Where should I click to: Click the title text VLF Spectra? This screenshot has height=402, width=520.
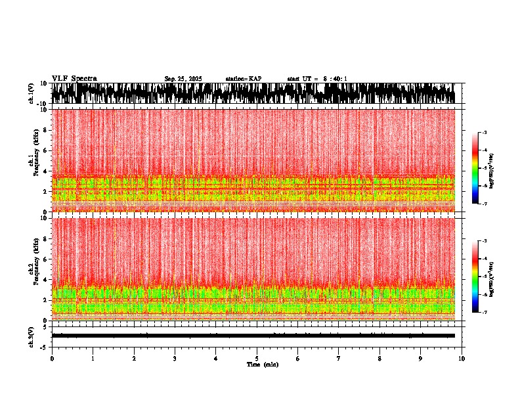(x=74, y=78)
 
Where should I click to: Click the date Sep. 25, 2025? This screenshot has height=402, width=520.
(x=183, y=79)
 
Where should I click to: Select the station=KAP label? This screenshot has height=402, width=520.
(x=243, y=79)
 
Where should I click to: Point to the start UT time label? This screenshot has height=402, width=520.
(x=317, y=79)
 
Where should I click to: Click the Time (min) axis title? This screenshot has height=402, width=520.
(x=262, y=364)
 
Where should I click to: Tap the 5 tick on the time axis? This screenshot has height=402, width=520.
(x=257, y=358)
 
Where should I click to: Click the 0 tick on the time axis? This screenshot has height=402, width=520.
(x=52, y=358)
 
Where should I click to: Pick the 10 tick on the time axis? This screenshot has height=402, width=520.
(x=462, y=358)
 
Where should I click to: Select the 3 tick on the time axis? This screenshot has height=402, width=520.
(x=175, y=358)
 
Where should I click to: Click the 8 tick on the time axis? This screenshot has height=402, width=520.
(x=379, y=358)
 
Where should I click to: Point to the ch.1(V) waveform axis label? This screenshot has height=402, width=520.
(x=32, y=93)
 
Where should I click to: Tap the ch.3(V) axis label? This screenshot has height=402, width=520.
(x=32, y=335)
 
